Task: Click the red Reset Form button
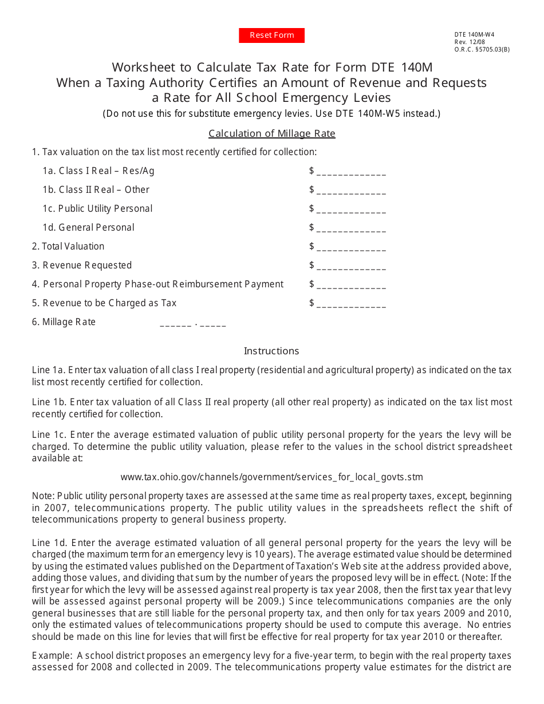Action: click(x=271, y=35)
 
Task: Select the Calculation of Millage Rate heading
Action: click(x=271, y=133)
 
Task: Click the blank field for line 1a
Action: click(x=350, y=172)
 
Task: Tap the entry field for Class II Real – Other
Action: click(x=350, y=191)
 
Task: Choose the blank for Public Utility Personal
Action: click(x=350, y=209)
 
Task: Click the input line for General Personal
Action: click(x=350, y=228)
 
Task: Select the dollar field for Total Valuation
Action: click(x=350, y=247)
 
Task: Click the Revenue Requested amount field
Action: click(x=350, y=266)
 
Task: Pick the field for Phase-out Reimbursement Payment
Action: click(x=350, y=285)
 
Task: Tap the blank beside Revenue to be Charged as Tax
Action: click(x=350, y=304)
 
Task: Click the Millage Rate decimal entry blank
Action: click(x=192, y=323)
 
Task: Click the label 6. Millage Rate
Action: click(x=64, y=322)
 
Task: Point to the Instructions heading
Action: click(x=271, y=351)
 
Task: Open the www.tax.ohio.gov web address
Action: click(x=271, y=477)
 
